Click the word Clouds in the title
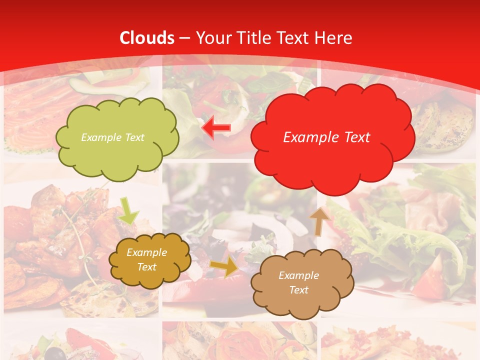coord(147,38)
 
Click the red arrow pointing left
coord(216,128)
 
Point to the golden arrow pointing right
coord(224,267)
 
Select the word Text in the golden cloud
coord(147,267)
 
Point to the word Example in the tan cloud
coord(298,275)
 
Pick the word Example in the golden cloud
coord(147,252)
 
